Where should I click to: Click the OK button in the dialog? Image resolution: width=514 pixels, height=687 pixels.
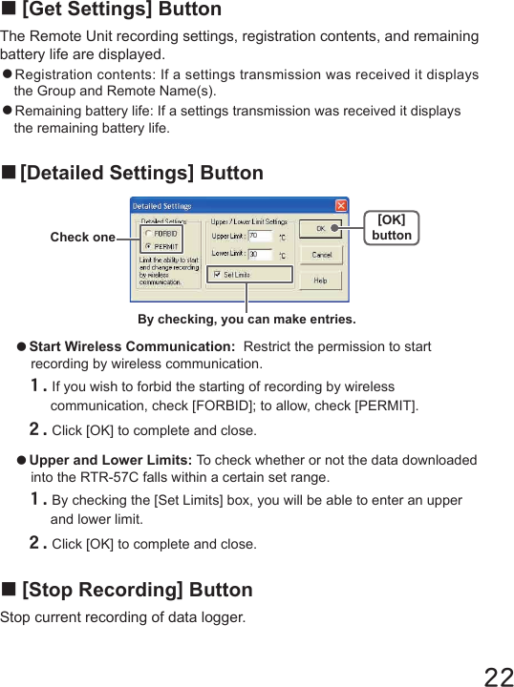click(322, 229)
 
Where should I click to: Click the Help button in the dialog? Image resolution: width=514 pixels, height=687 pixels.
click(322, 281)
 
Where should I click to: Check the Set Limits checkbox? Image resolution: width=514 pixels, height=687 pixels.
click(217, 275)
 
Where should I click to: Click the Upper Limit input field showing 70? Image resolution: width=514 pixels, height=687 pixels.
click(260, 236)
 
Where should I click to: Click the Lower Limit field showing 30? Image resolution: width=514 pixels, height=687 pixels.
click(260, 255)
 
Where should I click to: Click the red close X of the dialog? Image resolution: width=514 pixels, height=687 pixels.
click(341, 206)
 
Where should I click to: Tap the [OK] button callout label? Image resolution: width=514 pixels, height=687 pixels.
click(392, 228)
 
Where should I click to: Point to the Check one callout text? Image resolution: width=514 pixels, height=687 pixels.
click(82, 238)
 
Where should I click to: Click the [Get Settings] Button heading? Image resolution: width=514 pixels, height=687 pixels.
click(120, 10)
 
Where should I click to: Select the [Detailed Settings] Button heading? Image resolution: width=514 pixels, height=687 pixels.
click(140, 174)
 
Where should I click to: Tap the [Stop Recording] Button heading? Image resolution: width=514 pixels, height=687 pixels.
click(137, 590)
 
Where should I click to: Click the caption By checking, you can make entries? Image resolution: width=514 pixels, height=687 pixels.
click(246, 319)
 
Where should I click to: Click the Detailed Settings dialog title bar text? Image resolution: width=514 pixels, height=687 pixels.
click(161, 206)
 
